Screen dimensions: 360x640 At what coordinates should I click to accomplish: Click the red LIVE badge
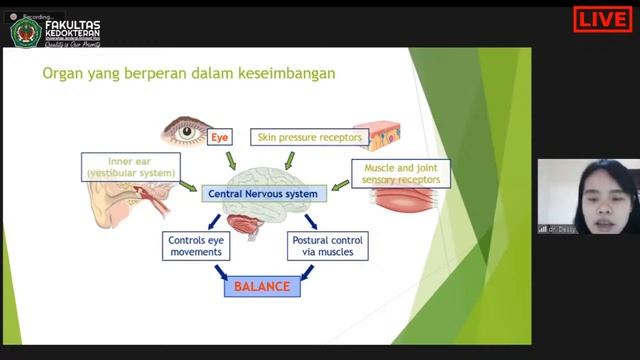[x=603, y=18]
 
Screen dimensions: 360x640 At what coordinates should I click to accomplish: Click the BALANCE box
[x=261, y=287]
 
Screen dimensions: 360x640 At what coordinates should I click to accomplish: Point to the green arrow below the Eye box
[x=231, y=160]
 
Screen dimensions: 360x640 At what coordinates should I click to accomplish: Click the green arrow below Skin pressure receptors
[x=291, y=160]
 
